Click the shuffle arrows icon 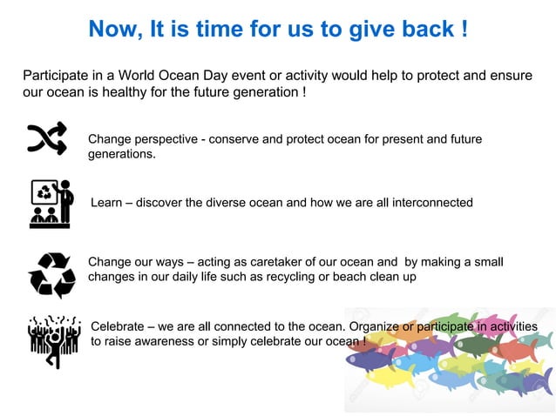pyautogui.click(x=47, y=139)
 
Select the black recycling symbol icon pyautogui.click(x=51, y=274)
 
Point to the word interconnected pyautogui.click(x=432, y=203)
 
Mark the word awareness pyautogui.click(x=163, y=341)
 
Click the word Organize pyautogui.click(x=374, y=325)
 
